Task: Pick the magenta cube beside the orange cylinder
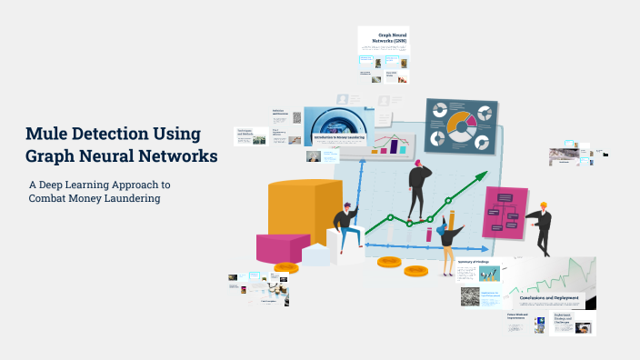tap(283, 246)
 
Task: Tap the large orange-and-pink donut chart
tap(461, 125)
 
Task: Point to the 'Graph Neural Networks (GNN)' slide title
tap(391, 38)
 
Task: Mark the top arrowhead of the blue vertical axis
tap(363, 156)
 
